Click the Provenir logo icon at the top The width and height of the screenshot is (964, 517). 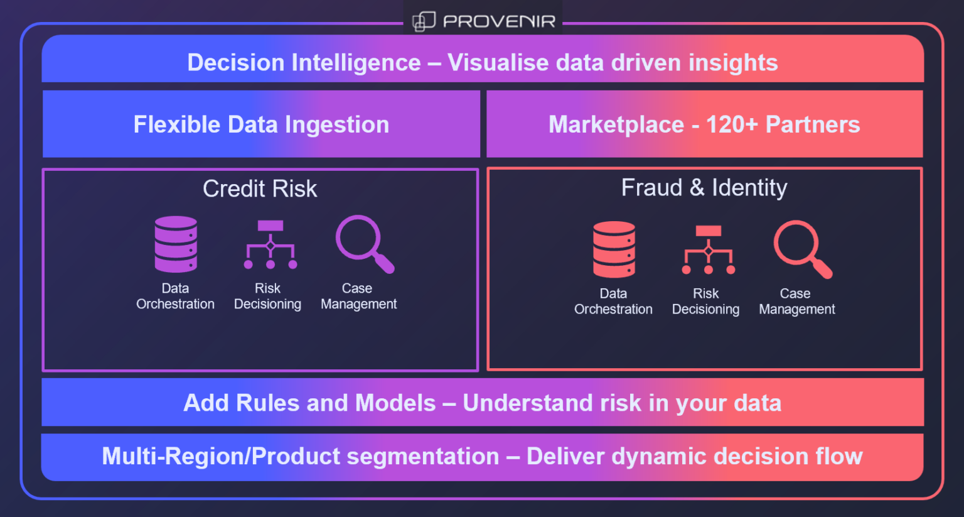(424, 21)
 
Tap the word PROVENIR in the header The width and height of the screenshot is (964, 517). (499, 22)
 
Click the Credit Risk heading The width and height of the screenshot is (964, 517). (260, 188)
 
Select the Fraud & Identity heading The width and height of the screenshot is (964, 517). (704, 187)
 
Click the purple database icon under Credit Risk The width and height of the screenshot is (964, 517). (176, 244)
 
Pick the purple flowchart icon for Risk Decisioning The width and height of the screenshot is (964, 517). (270, 244)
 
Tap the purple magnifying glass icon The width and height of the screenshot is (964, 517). (364, 244)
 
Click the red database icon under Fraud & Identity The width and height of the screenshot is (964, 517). (614, 249)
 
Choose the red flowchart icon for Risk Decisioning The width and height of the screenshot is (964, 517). (709, 249)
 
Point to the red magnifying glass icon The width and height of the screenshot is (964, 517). (802, 249)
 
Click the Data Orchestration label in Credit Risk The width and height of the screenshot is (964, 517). (175, 296)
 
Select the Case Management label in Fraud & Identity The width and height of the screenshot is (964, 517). (796, 301)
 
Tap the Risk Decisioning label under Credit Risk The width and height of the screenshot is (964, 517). (267, 296)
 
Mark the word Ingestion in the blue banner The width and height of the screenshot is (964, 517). (337, 124)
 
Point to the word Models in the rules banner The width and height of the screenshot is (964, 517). (395, 403)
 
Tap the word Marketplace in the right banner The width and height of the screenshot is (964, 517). (616, 124)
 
